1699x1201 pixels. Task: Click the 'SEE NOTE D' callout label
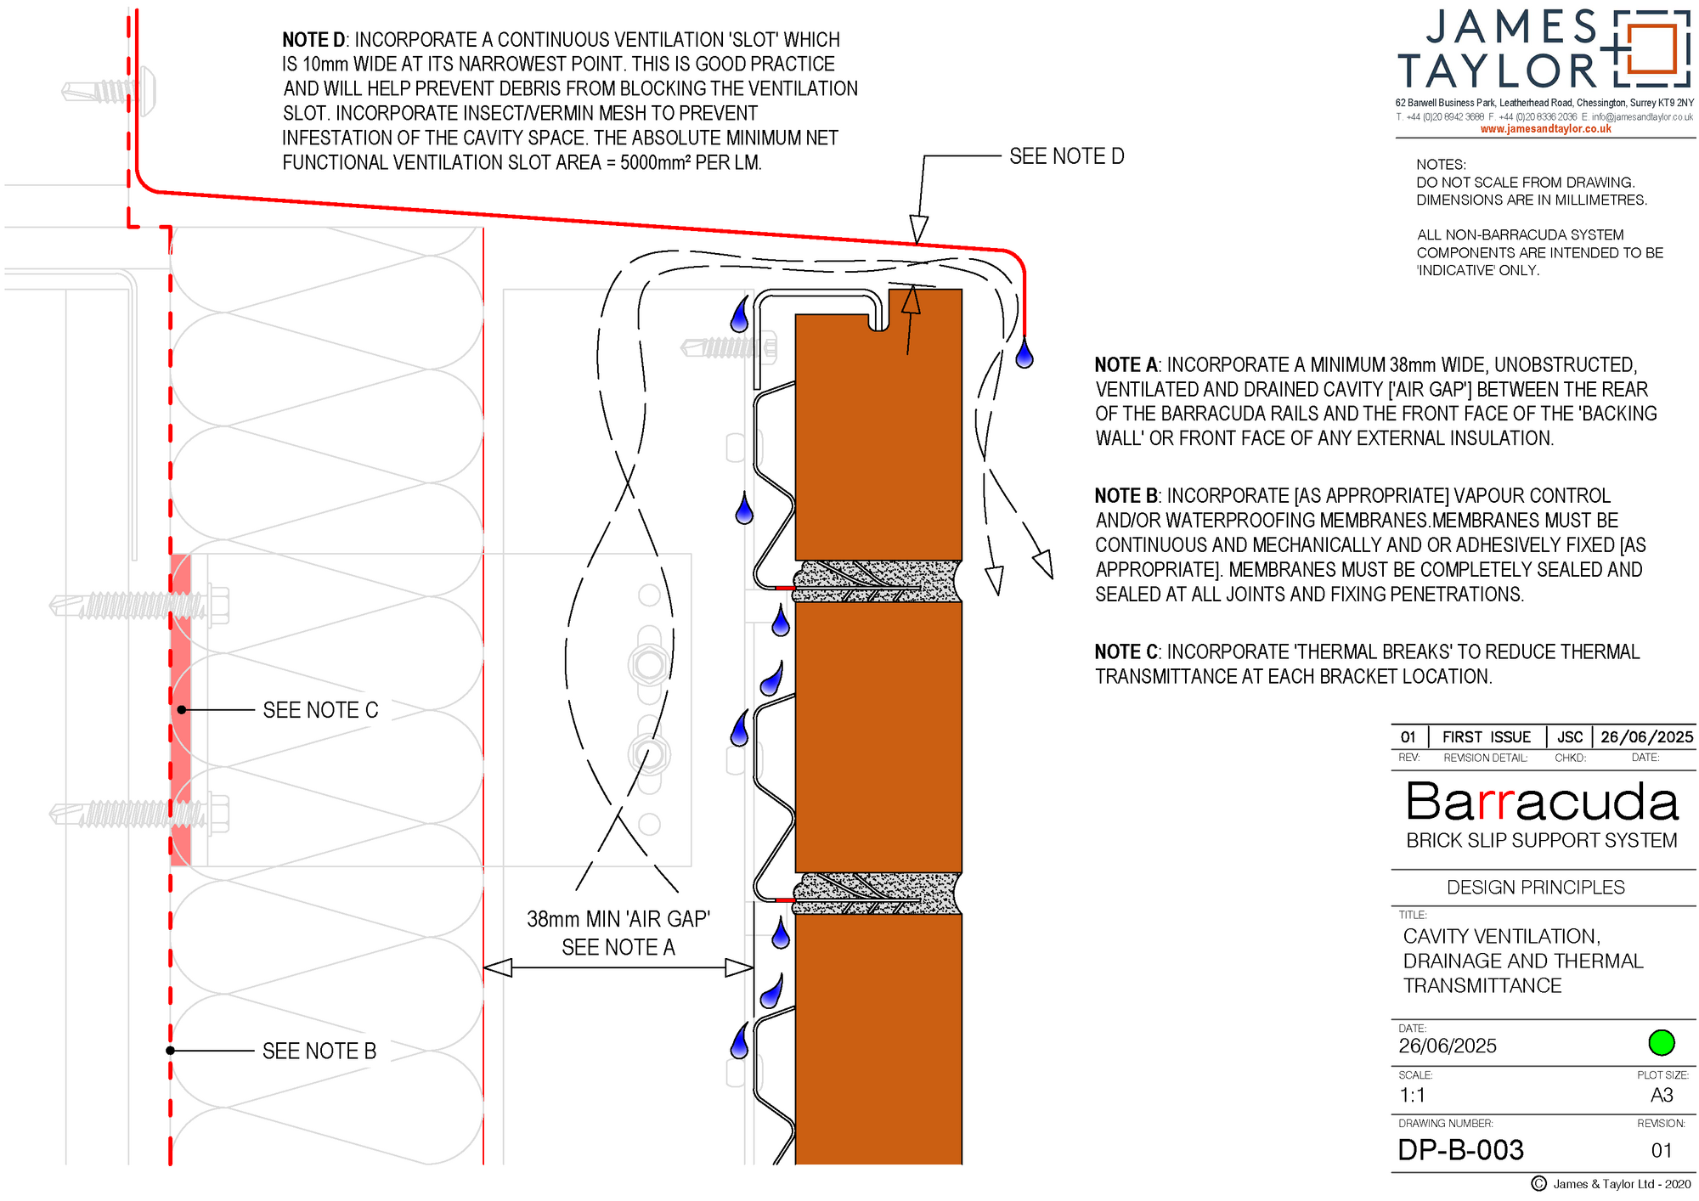1066,156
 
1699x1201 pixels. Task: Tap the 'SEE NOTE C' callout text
320,710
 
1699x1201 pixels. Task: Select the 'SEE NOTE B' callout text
319,1052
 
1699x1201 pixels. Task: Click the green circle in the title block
1661,1042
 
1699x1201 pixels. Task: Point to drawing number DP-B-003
1461,1150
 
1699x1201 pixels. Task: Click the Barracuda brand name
1542,802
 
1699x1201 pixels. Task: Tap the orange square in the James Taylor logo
1651,49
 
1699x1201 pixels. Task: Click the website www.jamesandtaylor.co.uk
1545,129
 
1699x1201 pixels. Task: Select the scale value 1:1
1412,1096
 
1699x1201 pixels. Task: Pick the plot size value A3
1662,1096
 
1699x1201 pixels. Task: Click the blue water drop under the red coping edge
1024,353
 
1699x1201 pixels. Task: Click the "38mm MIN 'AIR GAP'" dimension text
618,919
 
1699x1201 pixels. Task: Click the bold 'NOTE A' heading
1126,365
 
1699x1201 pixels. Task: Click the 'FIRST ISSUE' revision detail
1487,737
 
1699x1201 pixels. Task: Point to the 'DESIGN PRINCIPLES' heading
1536,888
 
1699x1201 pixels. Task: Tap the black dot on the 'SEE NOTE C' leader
182,710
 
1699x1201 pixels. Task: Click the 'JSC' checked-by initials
1570,737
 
